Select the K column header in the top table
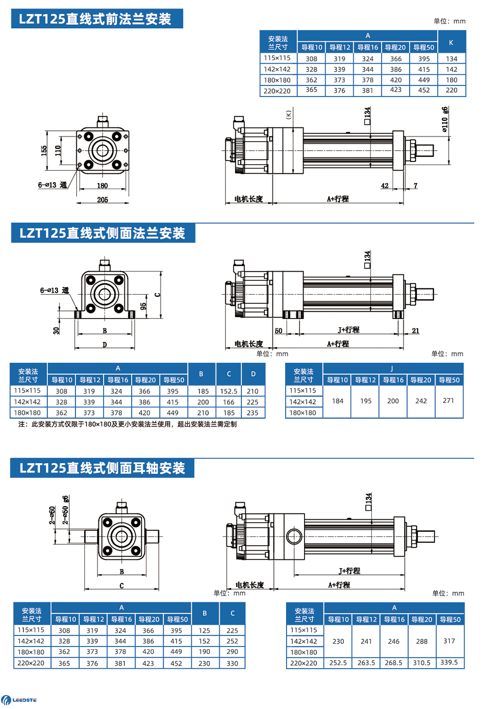click(x=451, y=42)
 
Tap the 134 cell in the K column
click(x=451, y=59)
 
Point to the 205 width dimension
click(x=103, y=199)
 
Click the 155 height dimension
click(x=44, y=151)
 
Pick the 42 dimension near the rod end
click(x=385, y=185)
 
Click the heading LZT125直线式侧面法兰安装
click(x=103, y=233)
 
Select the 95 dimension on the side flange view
click(x=143, y=306)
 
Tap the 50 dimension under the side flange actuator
click(x=279, y=331)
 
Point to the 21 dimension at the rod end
click(x=416, y=331)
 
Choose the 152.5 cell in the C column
click(x=229, y=391)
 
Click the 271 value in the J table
click(x=449, y=400)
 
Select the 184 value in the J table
click(x=337, y=401)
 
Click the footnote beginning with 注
click(x=127, y=424)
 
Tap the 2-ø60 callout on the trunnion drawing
click(x=52, y=515)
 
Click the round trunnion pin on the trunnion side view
click(x=294, y=536)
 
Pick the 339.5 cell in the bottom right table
click(x=449, y=662)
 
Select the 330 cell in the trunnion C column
click(x=232, y=663)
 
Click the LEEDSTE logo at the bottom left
click(x=19, y=700)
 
